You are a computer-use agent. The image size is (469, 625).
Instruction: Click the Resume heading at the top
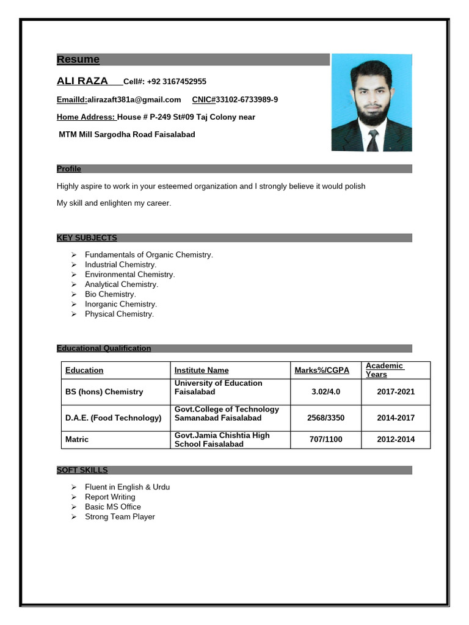coord(78,59)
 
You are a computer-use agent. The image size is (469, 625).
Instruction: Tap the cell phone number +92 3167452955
coord(176,82)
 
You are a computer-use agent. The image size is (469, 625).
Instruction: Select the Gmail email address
coord(134,99)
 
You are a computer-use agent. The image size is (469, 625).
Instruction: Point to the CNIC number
coord(246,99)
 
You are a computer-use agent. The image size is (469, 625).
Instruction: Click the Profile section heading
coord(69,168)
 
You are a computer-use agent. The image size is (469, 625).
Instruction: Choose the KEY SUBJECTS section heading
coord(87,238)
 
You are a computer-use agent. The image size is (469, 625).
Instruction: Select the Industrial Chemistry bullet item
coord(120,265)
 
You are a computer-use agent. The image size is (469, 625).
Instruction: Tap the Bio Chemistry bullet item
coord(110,294)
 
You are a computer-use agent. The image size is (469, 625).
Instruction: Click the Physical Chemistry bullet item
coord(119,314)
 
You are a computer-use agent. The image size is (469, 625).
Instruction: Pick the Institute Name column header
coord(202,370)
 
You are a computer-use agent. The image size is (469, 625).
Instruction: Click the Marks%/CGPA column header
coord(322,370)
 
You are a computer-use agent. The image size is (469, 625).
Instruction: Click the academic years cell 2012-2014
coord(396,439)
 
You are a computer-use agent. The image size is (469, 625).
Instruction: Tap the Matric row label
coord(77,439)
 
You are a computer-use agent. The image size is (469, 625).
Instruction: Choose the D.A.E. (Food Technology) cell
coord(113,418)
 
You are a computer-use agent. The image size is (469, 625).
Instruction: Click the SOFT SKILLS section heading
coord(82,470)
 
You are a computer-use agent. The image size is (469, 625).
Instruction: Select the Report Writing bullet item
coord(110,497)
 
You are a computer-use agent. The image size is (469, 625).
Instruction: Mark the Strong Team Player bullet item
coord(120,516)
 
